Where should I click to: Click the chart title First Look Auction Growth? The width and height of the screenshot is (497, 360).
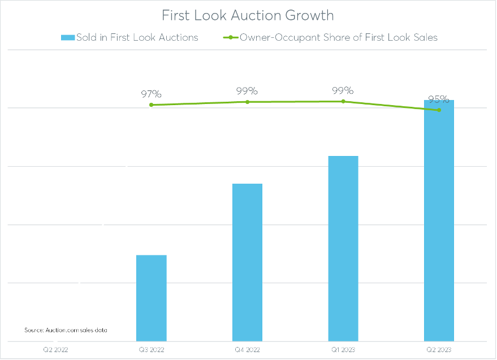(x=248, y=15)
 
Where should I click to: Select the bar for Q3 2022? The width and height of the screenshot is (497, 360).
(x=152, y=298)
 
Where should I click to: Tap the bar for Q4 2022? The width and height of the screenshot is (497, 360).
(x=248, y=262)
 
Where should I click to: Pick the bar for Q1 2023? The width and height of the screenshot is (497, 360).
(x=343, y=248)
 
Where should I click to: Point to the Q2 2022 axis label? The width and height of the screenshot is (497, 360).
(x=56, y=350)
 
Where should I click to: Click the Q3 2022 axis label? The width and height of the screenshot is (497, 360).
(x=152, y=350)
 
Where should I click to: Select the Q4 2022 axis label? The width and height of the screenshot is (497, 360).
(x=248, y=350)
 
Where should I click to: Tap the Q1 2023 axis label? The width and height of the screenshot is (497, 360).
(x=343, y=350)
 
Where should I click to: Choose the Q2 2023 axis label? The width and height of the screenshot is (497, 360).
(x=439, y=350)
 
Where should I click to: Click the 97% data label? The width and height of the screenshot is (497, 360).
(x=152, y=94)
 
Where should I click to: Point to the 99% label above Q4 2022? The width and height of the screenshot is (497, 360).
(x=248, y=90)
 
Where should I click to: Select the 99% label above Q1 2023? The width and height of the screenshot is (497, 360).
(x=343, y=90)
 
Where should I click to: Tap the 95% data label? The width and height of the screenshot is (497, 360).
(x=439, y=99)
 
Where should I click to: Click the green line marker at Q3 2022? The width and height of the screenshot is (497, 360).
(x=152, y=105)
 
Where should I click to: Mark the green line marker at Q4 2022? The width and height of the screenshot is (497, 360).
(x=248, y=102)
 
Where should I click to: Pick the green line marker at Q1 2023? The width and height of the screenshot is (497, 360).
(x=343, y=101)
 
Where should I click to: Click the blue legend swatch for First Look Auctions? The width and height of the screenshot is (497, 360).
(x=67, y=38)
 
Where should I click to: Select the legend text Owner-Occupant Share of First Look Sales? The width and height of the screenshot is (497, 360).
(x=339, y=38)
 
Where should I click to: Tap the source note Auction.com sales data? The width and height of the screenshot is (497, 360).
(x=66, y=330)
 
